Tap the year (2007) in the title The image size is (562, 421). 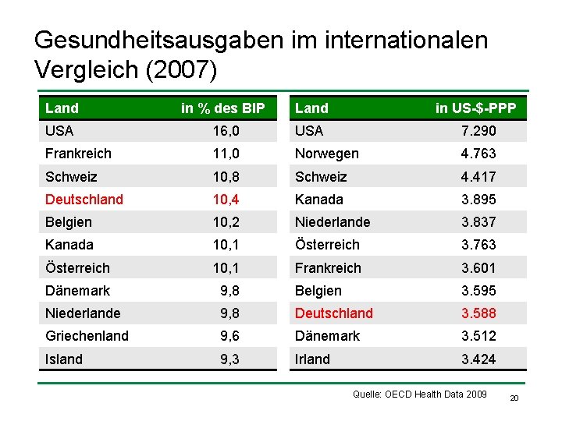coord(181,69)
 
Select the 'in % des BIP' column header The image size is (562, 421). coord(223,108)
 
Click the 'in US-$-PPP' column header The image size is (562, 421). coord(476,108)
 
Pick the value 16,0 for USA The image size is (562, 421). coord(226,131)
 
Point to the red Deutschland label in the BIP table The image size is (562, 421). coord(84,200)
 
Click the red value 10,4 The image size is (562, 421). coord(226,200)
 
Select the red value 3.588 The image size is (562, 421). coord(478,313)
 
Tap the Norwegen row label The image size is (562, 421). coord(327,154)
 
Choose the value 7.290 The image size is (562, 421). coord(478,131)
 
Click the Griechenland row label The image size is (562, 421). coord(87,336)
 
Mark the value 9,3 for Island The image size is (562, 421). coord(229,359)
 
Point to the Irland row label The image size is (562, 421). coord(312,359)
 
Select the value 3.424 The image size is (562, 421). coord(478,359)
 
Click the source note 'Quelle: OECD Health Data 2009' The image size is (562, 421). coord(420,394)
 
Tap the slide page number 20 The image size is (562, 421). coord(514,398)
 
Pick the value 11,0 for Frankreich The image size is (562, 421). coord(226,154)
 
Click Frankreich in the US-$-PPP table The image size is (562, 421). coord(328,267)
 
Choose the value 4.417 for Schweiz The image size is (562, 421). coord(478,177)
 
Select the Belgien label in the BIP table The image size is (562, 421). coord(69,222)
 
